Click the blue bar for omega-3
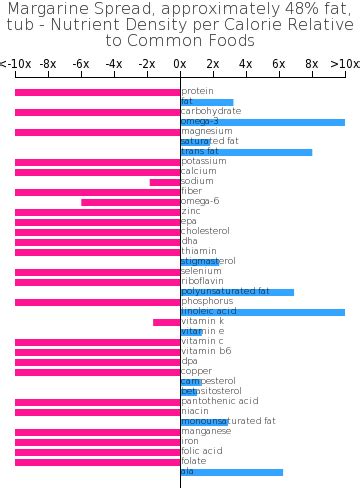click(262, 122)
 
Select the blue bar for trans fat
click(246, 152)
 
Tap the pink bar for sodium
click(165, 182)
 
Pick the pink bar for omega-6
click(131, 202)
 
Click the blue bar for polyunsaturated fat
click(237, 292)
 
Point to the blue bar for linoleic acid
click(262, 312)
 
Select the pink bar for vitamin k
click(167, 322)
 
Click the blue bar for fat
click(207, 102)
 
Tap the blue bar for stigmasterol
click(200, 262)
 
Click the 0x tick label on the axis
click(180, 63)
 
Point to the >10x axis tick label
click(344, 63)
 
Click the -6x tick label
click(81, 63)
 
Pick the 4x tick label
click(246, 63)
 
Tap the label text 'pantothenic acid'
click(220, 401)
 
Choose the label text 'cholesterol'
click(205, 231)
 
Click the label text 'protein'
click(197, 91)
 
